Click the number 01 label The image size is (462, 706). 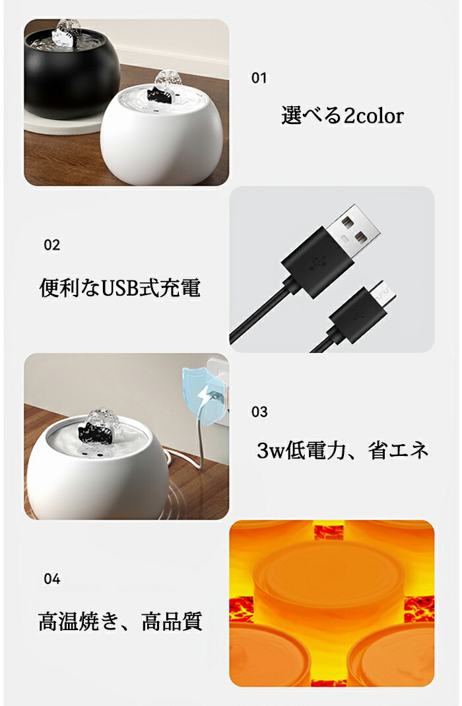[x=259, y=78]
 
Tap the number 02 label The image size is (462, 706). [x=51, y=245]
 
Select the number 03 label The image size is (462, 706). [x=259, y=412]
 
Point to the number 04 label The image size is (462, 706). [x=51, y=579]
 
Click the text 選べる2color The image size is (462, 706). [x=343, y=115]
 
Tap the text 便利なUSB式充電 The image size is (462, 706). [x=119, y=287]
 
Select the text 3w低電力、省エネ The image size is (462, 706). [x=343, y=450]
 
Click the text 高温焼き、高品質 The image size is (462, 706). [x=120, y=622]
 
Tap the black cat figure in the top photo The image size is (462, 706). [x=160, y=95]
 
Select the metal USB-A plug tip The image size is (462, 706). [x=352, y=230]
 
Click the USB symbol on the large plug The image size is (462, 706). [x=318, y=264]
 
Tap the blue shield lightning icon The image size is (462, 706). [x=203, y=397]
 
